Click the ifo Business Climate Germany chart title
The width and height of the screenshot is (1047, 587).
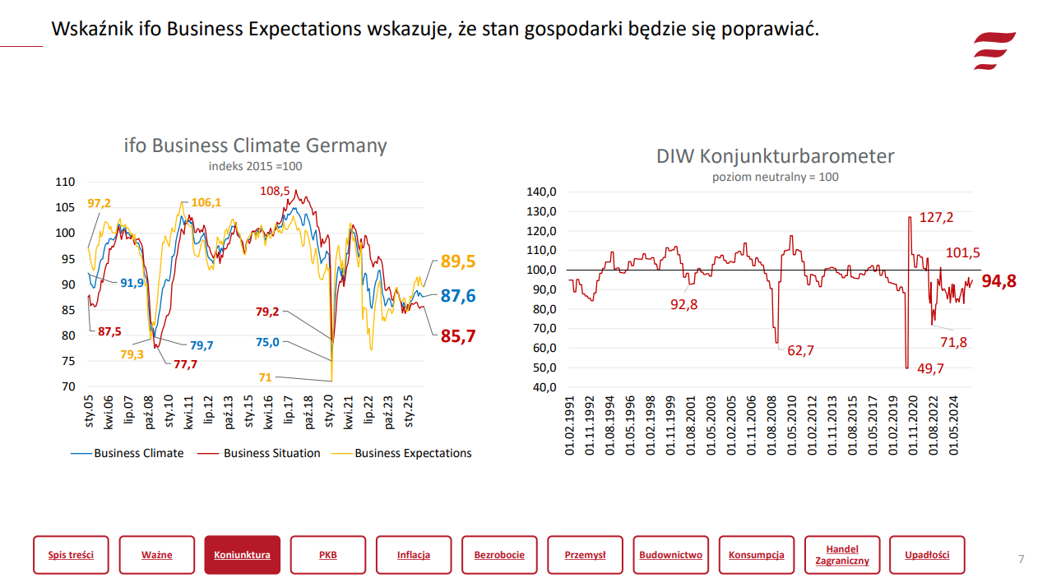pos(255,146)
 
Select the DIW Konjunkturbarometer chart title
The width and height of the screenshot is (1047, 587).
pos(775,156)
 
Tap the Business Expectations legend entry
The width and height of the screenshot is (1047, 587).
pos(413,453)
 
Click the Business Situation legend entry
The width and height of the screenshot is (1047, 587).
pos(271,453)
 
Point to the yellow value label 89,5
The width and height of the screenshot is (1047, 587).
pos(458,261)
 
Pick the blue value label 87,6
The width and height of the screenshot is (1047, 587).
pos(458,296)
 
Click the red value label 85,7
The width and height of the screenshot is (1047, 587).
pos(458,335)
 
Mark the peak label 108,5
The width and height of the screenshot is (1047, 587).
pos(275,191)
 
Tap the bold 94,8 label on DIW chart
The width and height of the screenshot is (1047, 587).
pos(998,281)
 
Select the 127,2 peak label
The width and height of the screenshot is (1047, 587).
pos(936,218)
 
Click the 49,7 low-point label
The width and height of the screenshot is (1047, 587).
pos(930,369)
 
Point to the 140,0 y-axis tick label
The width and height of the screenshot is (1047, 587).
pos(542,192)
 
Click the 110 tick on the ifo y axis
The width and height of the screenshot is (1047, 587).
pos(65,182)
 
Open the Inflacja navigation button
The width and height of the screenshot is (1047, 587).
pos(414,555)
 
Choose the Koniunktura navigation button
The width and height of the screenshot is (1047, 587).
pos(242,555)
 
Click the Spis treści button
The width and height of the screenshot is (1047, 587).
pos(71,555)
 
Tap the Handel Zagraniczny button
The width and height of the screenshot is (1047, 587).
pos(842,555)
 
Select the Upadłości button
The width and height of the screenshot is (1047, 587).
pos(927,555)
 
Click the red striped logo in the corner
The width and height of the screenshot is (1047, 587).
pos(994,51)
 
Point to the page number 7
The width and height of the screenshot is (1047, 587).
pos(1021,559)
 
